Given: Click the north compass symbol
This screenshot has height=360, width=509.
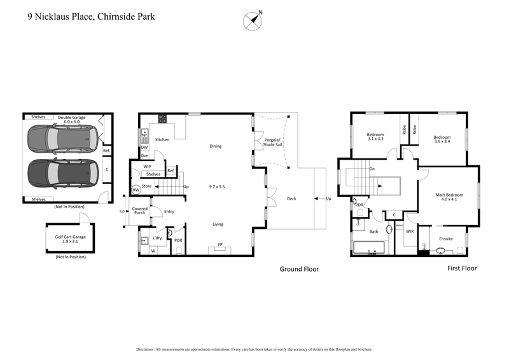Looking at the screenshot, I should coord(253,20).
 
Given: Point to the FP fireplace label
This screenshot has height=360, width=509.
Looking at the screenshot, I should coord(220,244).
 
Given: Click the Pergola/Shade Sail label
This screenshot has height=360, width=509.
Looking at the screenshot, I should coord(273,142).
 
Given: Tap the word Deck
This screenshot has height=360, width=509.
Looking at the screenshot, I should coord(292,198).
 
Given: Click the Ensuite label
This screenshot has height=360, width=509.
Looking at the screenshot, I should coord(446,239).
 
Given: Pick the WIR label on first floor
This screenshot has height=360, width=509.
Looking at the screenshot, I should coord(410,232).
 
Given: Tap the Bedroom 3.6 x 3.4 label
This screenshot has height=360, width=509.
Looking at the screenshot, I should coord(442,140).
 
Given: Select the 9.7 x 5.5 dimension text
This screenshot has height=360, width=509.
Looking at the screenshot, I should coord(217,187).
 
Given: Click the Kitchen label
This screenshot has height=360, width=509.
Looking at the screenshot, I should coord(162,139).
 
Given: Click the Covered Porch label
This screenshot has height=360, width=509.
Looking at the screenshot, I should coord(140,210).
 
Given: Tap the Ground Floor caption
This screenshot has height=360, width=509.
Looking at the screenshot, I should coord(299,269).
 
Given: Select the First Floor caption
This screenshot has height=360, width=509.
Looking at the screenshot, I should coord(461,268).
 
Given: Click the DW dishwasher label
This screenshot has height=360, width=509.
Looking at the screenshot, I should coord(144,147).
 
